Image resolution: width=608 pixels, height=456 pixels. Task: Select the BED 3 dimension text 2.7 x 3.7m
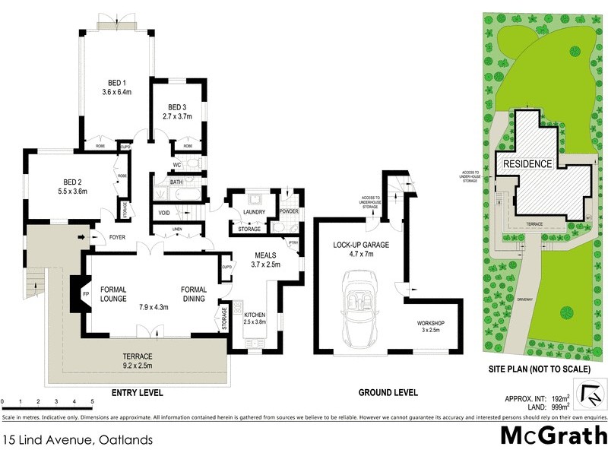click(177, 116)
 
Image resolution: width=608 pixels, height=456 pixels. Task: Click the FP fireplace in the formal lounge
click(86, 293)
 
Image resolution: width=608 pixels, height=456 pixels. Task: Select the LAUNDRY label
click(252, 212)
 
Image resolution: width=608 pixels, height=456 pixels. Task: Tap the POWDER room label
click(289, 211)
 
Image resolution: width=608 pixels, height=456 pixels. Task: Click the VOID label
click(164, 214)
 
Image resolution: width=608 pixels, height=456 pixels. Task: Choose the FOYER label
click(116, 236)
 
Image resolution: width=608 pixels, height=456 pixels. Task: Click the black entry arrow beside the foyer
click(82, 238)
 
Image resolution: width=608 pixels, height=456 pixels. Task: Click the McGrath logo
click(553, 435)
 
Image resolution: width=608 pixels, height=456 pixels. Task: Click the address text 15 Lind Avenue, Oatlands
click(78, 440)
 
